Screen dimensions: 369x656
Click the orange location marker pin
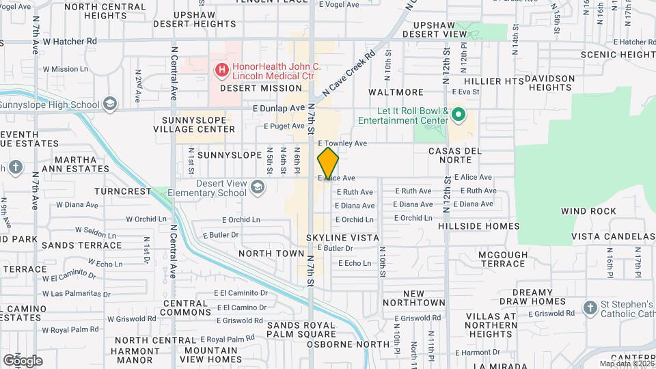328,163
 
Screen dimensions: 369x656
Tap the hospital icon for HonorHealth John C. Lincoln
221,69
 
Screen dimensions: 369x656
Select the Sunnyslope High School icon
109,104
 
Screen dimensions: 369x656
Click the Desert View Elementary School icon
258,188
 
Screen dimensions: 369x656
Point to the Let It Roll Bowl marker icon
458,115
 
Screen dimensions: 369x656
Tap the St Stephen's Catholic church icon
590,308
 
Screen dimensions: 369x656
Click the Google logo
23,360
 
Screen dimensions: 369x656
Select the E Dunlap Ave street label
277,108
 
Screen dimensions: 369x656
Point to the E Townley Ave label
343,143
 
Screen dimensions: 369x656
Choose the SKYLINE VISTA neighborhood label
342,237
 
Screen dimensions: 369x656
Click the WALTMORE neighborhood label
396,92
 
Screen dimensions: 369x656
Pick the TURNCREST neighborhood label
123,192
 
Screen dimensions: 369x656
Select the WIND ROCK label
588,212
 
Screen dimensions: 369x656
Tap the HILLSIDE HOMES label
479,225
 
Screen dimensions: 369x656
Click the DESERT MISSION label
260,88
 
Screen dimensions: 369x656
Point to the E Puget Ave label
284,126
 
